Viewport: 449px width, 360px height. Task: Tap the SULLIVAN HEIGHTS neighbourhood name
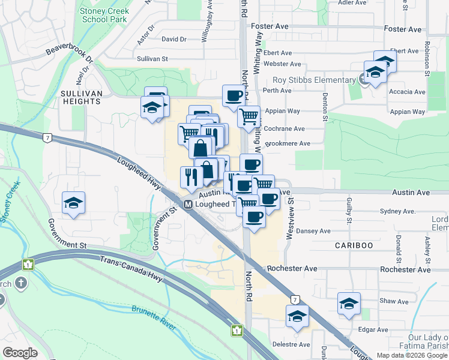pyautogui.click(x=80, y=97)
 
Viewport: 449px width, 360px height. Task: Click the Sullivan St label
pyautogui.click(x=152, y=59)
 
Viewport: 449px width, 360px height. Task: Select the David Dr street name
pyautogui.click(x=174, y=39)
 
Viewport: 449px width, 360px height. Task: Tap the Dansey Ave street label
pyautogui.click(x=313, y=231)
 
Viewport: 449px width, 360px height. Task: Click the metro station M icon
pyautogui.click(x=188, y=205)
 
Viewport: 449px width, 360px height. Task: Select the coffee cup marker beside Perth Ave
pyautogui.click(x=234, y=95)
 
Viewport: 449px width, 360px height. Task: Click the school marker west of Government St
pyautogui.click(x=73, y=203)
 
